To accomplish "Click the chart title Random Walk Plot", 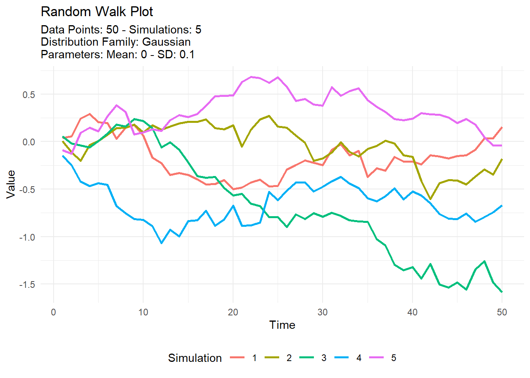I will pyautogui.click(x=97, y=12).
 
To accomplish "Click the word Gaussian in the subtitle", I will pyautogui.click(x=166, y=42).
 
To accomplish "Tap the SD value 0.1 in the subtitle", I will pyautogui.click(x=187, y=54).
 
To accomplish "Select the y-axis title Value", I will pyautogui.click(x=11, y=184).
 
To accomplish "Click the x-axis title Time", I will pyautogui.click(x=282, y=325).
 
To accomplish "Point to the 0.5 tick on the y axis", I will pyautogui.click(x=28, y=94).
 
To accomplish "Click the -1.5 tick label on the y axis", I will pyautogui.click(x=27, y=284).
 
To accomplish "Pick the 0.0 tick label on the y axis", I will pyautogui.click(x=28, y=142).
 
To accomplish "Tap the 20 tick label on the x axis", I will pyautogui.click(x=233, y=312).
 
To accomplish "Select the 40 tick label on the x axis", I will pyautogui.click(x=412, y=312).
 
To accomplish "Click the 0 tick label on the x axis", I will pyautogui.click(x=54, y=312).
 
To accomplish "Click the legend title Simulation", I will pyautogui.click(x=195, y=358).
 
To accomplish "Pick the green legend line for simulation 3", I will pyautogui.click(x=307, y=358).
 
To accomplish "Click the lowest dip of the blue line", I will pyautogui.click(x=161, y=243).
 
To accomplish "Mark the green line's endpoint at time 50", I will pyautogui.click(x=502, y=292).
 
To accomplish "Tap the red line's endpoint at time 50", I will pyautogui.click(x=502, y=127).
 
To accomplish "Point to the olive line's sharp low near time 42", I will pyautogui.click(x=430, y=199).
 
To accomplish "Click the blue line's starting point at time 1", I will pyautogui.click(x=63, y=156).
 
